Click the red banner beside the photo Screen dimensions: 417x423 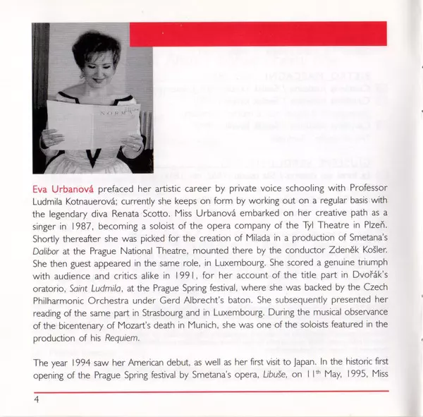(258, 33)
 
